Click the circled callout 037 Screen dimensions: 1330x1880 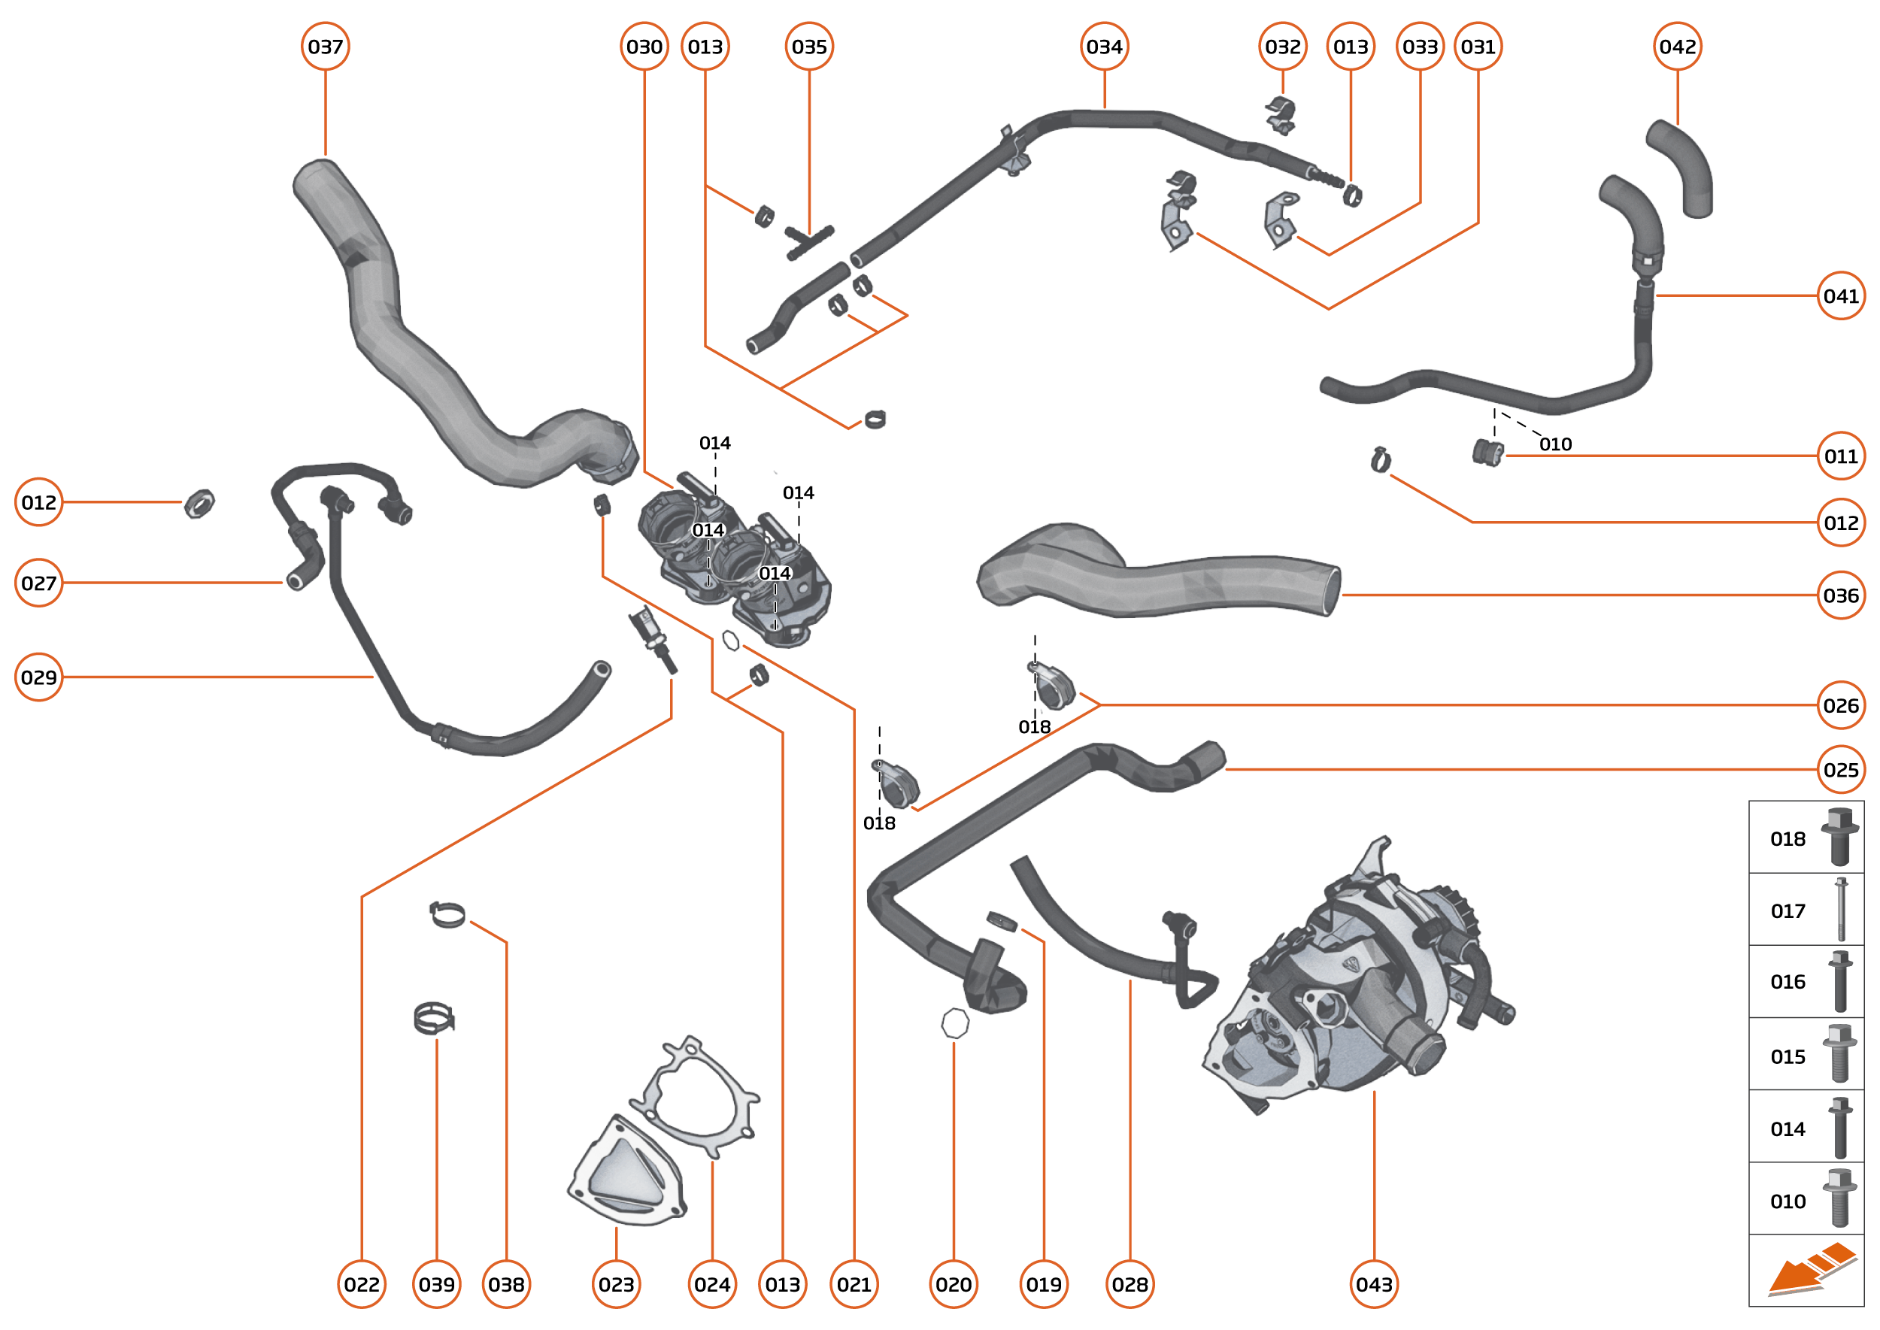point(325,47)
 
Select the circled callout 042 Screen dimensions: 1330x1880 point(1677,47)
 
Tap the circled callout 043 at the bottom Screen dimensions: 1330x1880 point(1373,1283)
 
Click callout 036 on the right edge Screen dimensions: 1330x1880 point(1840,595)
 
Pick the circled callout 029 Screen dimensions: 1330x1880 point(38,677)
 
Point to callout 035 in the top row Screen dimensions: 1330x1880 point(808,47)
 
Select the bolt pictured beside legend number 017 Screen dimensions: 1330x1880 point(1841,909)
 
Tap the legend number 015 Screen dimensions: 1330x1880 point(1787,1056)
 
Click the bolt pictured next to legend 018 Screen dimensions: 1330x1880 point(1839,837)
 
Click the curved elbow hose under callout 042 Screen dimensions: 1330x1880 point(1681,168)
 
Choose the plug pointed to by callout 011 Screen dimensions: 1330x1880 point(1486,452)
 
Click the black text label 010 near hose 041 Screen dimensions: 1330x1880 point(1555,444)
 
